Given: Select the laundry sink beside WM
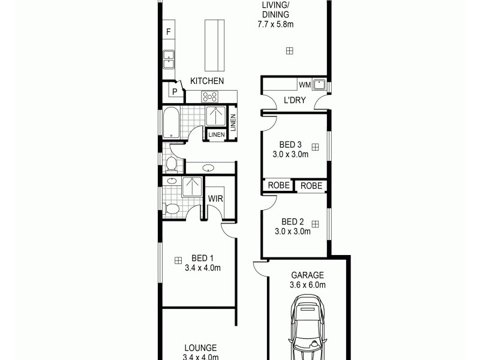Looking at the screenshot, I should pyautogui.click(x=319, y=85).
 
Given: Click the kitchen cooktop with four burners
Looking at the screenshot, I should pyautogui.click(x=211, y=95).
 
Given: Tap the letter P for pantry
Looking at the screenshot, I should pyautogui.click(x=175, y=92).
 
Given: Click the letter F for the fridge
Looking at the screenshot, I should pyautogui.click(x=169, y=31).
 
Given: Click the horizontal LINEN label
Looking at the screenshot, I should pyautogui.click(x=217, y=135).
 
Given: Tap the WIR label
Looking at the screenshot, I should pyautogui.click(x=215, y=199).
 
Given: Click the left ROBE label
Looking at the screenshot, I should pyautogui.click(x=278, y=186).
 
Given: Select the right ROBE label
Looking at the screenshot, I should pyautogui.click(x=311, y=186).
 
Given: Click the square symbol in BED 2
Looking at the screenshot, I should pyautogui.click(x=316, y=224).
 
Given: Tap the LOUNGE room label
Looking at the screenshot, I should pyautogui.click(x=200, y=347).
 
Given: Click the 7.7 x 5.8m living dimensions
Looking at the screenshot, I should pyautogui.click(x=276, y=25).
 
